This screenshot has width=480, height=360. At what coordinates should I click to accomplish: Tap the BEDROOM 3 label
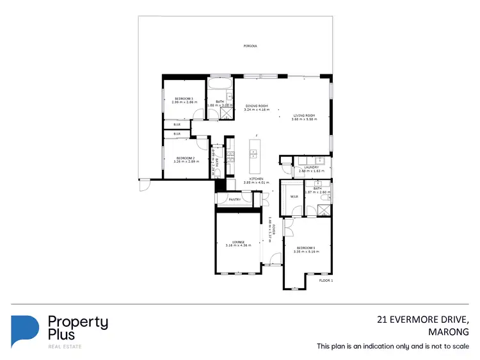[x=184, y=98]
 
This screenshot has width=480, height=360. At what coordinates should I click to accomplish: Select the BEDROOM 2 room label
[x=185, y=158]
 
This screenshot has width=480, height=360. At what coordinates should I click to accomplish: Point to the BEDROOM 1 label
[x=306, y=247]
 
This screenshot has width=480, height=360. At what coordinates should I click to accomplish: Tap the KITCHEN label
[x=257, y=179]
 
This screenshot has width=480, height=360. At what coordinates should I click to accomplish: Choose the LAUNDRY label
[x=312, y=167]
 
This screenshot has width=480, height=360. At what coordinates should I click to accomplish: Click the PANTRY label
[x=234, y=200]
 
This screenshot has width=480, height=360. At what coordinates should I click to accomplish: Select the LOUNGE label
[x=238, y=241]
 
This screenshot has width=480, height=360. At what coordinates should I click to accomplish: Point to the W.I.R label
[x=293, y=197]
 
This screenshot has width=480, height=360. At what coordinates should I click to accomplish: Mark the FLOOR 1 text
[x=326, y=281]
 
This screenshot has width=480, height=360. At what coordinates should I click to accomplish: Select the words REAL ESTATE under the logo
[x=65, y=347]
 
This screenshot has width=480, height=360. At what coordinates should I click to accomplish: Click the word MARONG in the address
[x=449, y=332]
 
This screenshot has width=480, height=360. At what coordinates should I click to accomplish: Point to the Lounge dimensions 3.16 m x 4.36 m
[x=238, y=245]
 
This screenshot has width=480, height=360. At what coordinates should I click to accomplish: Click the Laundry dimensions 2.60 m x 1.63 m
[x=312, y=171]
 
